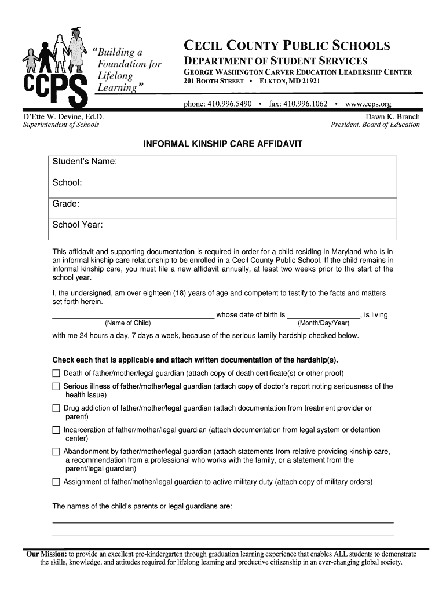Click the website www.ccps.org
pos(368,104)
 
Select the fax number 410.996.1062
pos(298,104)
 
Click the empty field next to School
pos(264,186)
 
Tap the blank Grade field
pos(264,207)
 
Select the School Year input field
pos(264,229)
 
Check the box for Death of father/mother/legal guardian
pos(56,373)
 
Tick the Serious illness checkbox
pos(56,386)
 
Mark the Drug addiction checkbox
pos(56,408)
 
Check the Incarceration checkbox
pos(56,430)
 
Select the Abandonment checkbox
pos(56,452)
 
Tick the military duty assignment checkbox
pos(56,482)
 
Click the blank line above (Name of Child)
pos(133,316)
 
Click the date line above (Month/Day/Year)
pos(323,316)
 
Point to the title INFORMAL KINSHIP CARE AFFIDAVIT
pos(223,143)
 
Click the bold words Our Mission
pos(46,554)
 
